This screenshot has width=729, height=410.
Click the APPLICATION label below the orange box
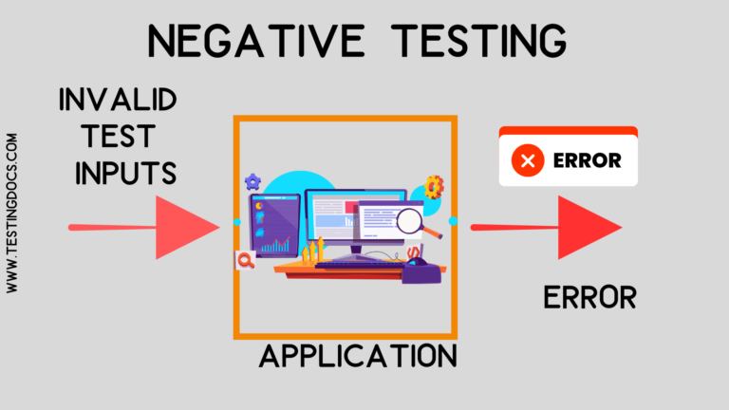[359, 356]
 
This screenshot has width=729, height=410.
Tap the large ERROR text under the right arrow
[589, 298]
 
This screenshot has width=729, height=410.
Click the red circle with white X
[528, 160]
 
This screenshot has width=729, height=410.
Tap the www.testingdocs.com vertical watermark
[13, 212]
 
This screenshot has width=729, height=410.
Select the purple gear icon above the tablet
[252, 180]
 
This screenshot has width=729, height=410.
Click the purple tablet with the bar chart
[275, 226]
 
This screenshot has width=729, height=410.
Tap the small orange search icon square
[245, 260]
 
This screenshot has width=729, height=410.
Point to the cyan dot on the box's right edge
[453, 221]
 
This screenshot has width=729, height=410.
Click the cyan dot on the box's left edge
[236, 222]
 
